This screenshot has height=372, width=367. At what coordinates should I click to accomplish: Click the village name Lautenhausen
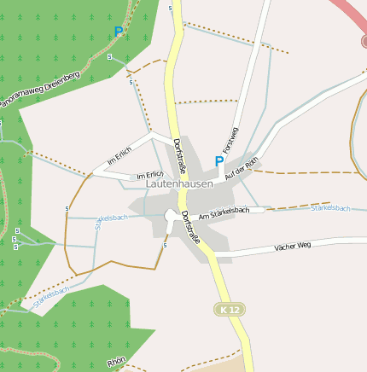[x=179, y=183]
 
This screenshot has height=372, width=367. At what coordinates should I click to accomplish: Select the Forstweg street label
[x=230, y=140]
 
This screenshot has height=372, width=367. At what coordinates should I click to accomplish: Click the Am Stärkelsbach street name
[x=224, y=213]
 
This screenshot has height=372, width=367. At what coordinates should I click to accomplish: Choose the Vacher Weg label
[x=293, y=247]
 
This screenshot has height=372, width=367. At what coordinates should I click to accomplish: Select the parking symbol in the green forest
[x=118, y=32]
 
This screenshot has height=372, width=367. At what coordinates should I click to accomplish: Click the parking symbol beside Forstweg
[x=219, y=160]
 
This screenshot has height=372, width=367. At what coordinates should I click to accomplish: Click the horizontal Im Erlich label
[x=149, y=176]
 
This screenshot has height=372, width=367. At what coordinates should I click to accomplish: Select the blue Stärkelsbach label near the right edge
[x=331, y=208]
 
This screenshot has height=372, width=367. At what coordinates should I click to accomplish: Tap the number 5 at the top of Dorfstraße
[x=171, y=8]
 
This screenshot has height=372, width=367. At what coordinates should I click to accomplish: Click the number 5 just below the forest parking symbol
[x=110, y=56]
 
